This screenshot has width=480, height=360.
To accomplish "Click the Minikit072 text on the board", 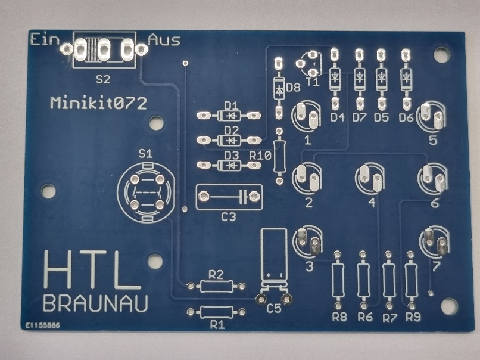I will click(98, 103).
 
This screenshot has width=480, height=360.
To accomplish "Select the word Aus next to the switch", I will click(164, 40).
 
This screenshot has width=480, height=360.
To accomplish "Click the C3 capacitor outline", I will click(229, 196).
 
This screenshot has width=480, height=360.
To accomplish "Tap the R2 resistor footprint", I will click(216, 286).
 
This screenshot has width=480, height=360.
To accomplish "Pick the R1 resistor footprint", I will click(216, 312).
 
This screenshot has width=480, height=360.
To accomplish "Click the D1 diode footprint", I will click(230, 114).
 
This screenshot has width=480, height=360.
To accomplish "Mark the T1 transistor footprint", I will click(310, 63).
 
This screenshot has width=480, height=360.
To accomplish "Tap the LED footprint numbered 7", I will click(435, 241).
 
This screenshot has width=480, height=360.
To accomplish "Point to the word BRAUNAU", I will click(95, 303).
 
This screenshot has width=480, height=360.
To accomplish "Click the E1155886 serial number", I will click(42, 327).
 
